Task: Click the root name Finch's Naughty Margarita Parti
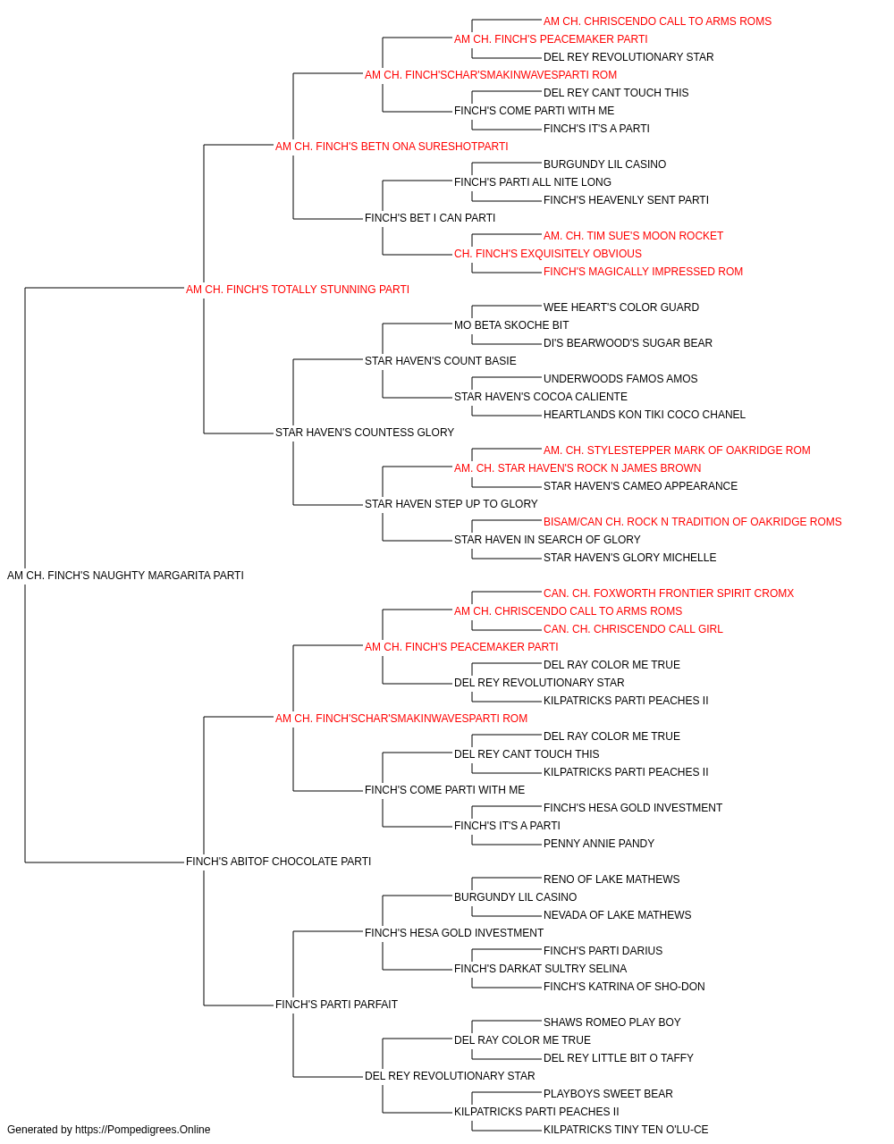pos(125,576)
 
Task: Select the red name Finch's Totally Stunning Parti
pos(298,290)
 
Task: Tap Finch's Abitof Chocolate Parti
pos(279,862)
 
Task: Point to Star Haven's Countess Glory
pos(365,433)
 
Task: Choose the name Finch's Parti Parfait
pos(336,1005)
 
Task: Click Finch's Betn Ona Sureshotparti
pos(392,147)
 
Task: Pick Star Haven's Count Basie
pos(440,360)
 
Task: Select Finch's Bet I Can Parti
pos(430,218)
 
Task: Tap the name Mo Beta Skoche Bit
pos(511,325)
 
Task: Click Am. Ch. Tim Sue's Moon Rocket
pos(633,236)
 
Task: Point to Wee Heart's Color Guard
pos(621,307)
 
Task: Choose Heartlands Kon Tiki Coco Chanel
pos(645,415)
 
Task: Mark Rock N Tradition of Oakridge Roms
pos(692,522)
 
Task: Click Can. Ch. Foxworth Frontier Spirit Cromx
pos(669,593)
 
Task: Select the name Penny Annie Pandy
pos(599,844)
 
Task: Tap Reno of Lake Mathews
pos(611,879)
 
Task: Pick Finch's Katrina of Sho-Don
pos(624,987)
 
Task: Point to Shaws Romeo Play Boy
pos(611,1022)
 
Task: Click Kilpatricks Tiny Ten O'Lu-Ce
pos(626,1130)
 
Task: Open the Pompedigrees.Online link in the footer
pos(143,1130)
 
